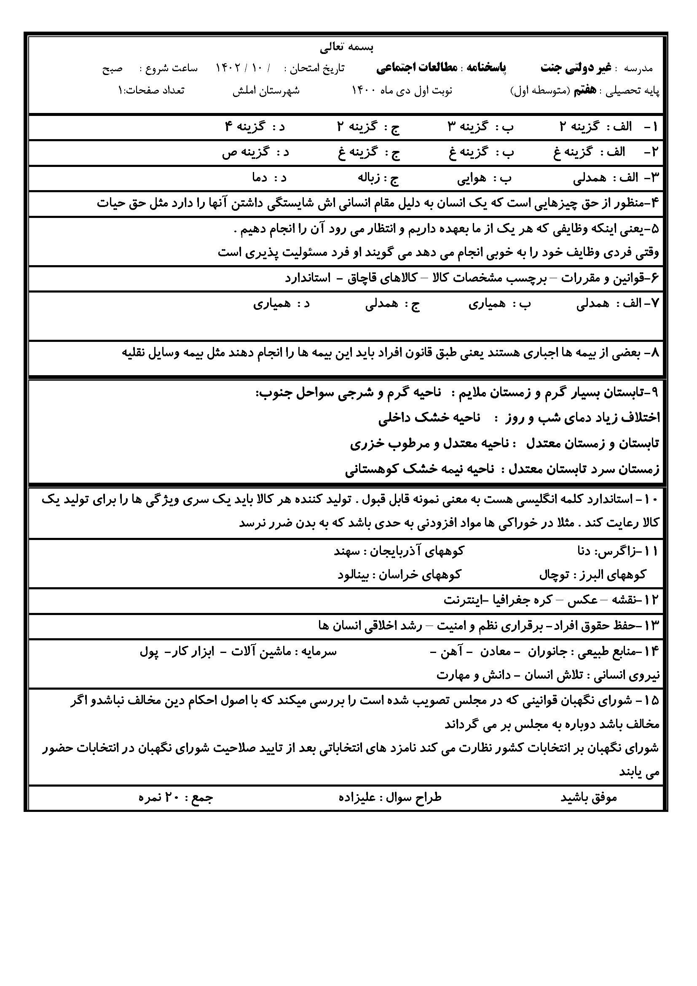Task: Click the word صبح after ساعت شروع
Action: click(x=112, y=68)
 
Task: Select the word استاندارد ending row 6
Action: click(x=308, y=278)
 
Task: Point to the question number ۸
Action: click(x=654, y=353)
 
